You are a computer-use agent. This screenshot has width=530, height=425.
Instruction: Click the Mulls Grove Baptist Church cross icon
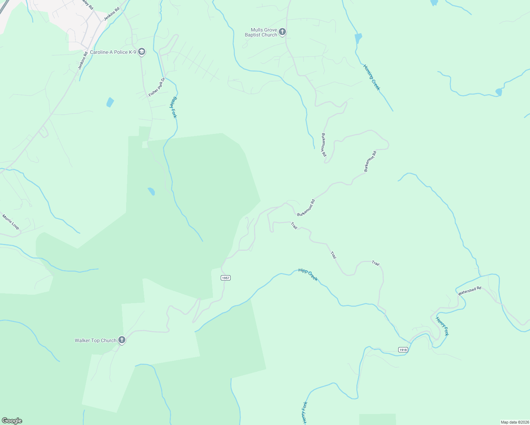(282, 32)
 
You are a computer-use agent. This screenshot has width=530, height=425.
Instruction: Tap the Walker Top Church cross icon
(122, 340)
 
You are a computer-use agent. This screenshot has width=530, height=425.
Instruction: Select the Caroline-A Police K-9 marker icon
(142, 52)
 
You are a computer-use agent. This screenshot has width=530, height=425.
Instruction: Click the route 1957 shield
(226, 278)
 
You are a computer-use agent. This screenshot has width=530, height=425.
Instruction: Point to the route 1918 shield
(403, 350)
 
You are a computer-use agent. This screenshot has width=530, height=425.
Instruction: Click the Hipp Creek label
(308, 274)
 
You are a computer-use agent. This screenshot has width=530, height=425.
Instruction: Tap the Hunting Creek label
(371, 77)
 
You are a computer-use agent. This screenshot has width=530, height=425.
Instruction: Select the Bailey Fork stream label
(173, 107)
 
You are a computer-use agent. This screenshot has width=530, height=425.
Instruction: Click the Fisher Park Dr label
(157, 87)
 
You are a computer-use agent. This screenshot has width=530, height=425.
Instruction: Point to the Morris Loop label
(11, 222)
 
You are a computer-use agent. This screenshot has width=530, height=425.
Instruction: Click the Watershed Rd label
(469, 291)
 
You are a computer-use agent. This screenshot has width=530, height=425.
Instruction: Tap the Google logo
(12, 421)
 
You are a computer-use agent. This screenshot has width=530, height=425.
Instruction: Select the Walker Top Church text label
(95, 340)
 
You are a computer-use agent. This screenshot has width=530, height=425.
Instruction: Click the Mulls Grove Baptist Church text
(261, 32)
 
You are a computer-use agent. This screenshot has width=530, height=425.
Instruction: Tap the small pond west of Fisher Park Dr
(110, 102)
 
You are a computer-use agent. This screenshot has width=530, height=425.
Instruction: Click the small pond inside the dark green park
(151, 191)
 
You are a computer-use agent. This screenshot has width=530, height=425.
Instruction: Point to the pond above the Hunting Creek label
(358, 38)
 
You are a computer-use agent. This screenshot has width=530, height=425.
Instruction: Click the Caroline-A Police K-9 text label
(113, 52)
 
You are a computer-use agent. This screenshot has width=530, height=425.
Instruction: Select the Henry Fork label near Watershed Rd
(442, 326)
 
